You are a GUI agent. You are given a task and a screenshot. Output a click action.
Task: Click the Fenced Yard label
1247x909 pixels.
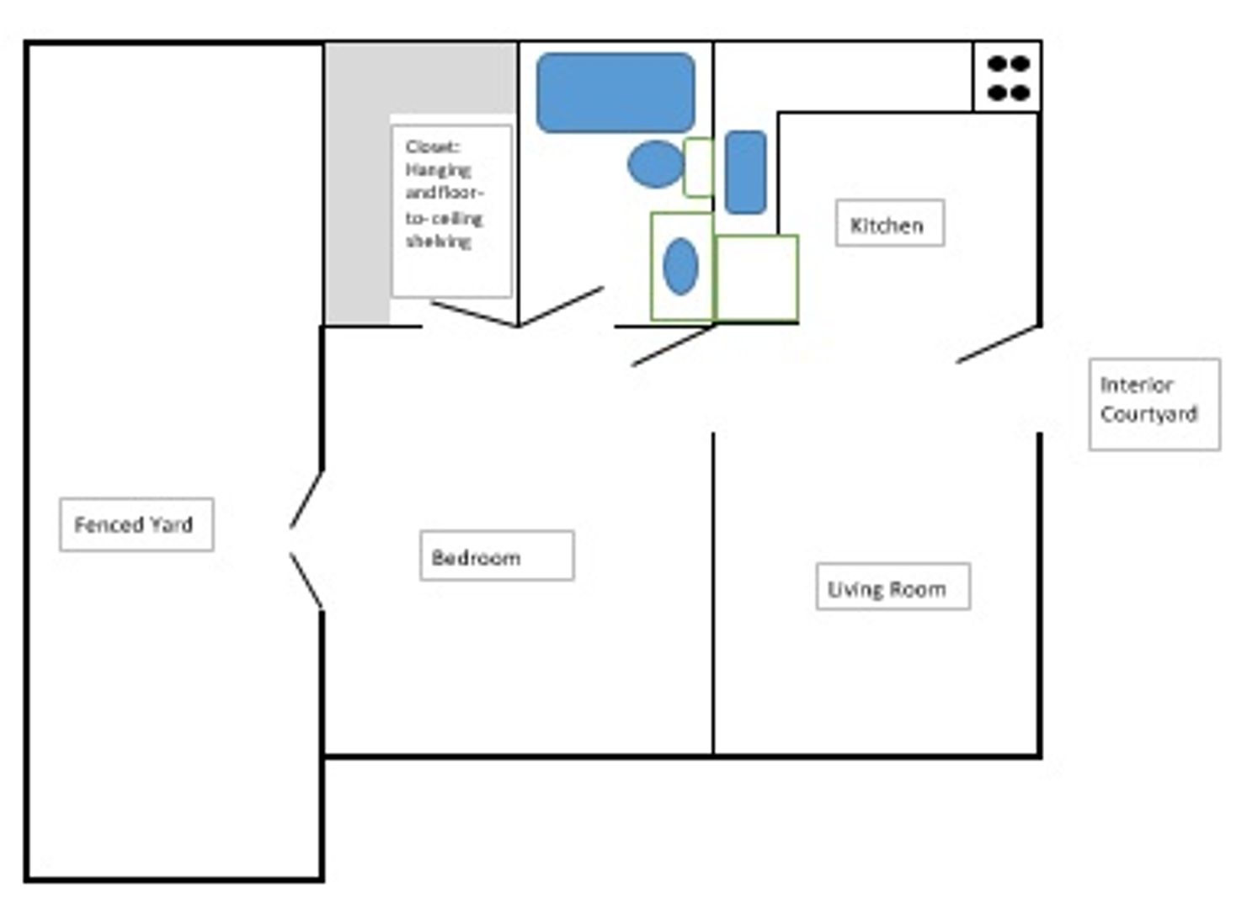[x=135, y=524]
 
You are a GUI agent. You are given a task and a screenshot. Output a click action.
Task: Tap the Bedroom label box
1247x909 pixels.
[x=496, y=556]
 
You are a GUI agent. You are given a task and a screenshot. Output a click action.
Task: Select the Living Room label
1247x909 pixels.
[x=892, y=587]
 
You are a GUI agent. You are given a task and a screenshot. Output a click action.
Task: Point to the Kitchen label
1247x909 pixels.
[x=888, y=224]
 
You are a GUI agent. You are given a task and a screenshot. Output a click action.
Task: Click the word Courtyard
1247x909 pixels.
[x=1148, y=414]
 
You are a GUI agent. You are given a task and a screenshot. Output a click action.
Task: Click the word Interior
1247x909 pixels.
[x=1136, y=385]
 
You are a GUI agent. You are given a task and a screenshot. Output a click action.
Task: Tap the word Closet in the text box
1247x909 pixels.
[x=432, y=147]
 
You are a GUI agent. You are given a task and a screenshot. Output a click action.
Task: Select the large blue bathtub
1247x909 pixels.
[x=616, y=93]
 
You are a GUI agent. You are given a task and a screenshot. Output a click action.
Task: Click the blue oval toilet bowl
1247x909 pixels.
[x=655, y=164]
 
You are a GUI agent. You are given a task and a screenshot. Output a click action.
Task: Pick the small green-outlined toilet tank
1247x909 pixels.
[x=698, y=167]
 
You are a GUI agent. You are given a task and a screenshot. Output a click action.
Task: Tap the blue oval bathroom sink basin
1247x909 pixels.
[x=680, y=267]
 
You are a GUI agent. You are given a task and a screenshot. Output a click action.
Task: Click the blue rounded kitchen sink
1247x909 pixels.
[x=745, y=172]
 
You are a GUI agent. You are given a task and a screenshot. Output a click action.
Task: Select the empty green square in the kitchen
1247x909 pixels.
[x=756, y=278]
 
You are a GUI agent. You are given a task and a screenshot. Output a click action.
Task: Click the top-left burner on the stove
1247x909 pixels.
[x=997, y=64]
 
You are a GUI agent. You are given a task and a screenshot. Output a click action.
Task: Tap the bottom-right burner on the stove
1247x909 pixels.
[x=1020, y=93]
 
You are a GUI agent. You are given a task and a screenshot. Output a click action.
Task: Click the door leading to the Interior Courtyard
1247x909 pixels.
[x=998, y=344]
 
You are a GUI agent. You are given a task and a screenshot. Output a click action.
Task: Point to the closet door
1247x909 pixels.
[x=473, y=313]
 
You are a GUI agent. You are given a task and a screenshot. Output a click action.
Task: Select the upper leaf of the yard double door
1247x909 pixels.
[x=306, y=500]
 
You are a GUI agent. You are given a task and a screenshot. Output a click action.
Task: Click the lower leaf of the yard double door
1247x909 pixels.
[x=306, y=581]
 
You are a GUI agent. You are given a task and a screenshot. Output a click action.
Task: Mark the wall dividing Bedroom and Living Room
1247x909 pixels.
[x=713, y=593]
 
